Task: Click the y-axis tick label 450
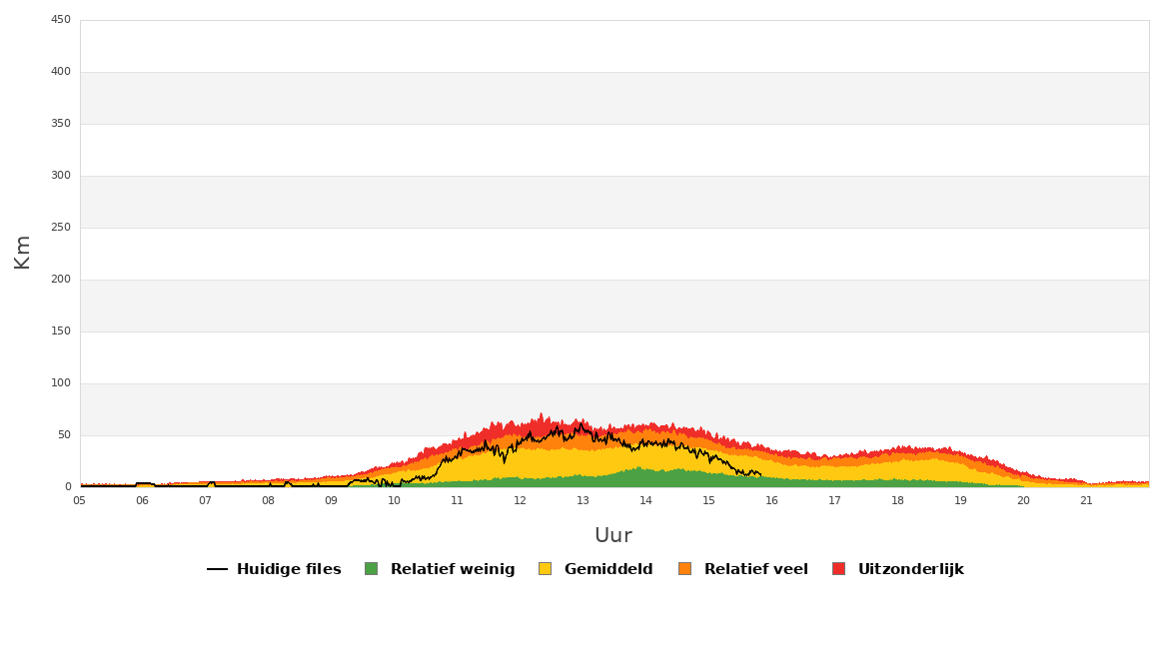60,20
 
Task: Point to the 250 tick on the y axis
60,228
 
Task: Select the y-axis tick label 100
60,383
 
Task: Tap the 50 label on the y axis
64,435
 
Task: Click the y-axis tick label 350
60,124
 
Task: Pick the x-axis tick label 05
79,500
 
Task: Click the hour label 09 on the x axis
331,500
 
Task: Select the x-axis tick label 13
584,500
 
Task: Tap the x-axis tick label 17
834,500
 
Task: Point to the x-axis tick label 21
1086,500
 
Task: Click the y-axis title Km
22,252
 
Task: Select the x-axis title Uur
613,536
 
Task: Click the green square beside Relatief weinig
372,569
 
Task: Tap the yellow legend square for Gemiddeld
545,569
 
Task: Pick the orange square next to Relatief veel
685,569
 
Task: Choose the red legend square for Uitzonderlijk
838,569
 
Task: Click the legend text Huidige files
290,569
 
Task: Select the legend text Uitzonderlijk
911,569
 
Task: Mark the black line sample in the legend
217,569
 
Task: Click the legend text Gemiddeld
608,569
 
